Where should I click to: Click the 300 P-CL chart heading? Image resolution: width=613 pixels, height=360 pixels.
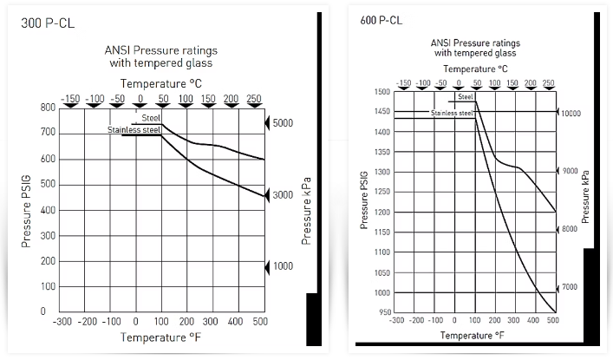point(48,23)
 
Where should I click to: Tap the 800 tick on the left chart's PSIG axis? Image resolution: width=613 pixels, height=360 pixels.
point(47,108)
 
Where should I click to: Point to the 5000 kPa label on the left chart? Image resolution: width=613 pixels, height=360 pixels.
point(283,123)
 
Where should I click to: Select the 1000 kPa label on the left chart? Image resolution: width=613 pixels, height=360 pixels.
point(283,268)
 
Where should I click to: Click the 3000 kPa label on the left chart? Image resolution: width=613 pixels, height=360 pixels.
point(283,196)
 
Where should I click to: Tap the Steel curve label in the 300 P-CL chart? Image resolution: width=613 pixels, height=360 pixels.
point(151,117)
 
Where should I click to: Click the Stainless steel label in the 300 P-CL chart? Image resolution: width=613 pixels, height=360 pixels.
point(134,130)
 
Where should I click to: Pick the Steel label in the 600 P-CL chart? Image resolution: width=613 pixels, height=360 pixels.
point(466,97)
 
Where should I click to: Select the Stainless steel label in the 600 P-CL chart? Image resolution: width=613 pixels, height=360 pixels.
point(452,113)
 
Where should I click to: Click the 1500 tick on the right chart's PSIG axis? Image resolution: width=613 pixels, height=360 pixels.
point(380,92)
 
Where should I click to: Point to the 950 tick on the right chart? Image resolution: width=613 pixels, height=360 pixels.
point(382,312)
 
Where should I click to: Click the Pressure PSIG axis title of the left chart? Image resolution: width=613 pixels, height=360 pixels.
point(26,209)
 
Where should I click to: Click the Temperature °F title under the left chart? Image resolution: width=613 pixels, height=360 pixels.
point(160,337)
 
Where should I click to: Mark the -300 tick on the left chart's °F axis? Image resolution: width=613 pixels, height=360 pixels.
point(62,322)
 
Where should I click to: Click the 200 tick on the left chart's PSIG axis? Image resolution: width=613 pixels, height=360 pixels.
point(47,261)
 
